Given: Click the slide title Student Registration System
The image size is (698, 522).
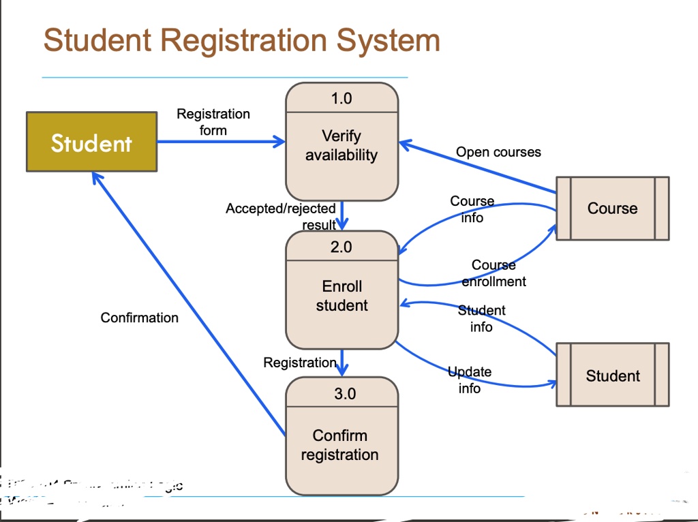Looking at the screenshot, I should [241, 40].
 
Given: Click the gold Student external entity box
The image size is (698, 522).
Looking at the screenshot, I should [91, 142].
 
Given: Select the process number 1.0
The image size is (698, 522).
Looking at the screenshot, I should [342, 98].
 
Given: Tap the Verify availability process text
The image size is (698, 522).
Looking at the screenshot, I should [341, 146].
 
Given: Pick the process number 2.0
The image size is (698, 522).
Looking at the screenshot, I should [342, 247].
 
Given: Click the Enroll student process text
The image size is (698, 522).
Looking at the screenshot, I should [342, 296].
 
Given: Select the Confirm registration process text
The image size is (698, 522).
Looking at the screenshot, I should [340, 445].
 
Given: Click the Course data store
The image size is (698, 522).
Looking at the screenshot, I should [612, 209].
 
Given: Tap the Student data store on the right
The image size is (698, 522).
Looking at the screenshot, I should [612, 375].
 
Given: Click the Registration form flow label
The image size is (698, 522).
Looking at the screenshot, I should [213, 122].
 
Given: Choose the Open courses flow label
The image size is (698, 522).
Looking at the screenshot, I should [498, 152].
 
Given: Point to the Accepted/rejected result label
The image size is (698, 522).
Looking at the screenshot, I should [281, 216].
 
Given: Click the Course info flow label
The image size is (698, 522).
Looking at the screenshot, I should [472, 209].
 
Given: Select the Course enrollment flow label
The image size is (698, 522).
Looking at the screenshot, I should [494, 273].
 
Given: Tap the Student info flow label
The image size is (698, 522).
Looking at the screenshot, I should [481, 318].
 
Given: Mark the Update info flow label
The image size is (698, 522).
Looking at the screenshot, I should [470, 380].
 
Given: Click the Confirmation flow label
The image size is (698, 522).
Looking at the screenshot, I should [139, 318].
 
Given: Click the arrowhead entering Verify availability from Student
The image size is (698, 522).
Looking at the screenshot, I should [279, 142].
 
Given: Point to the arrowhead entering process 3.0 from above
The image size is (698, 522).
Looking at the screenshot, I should [342, 370].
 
